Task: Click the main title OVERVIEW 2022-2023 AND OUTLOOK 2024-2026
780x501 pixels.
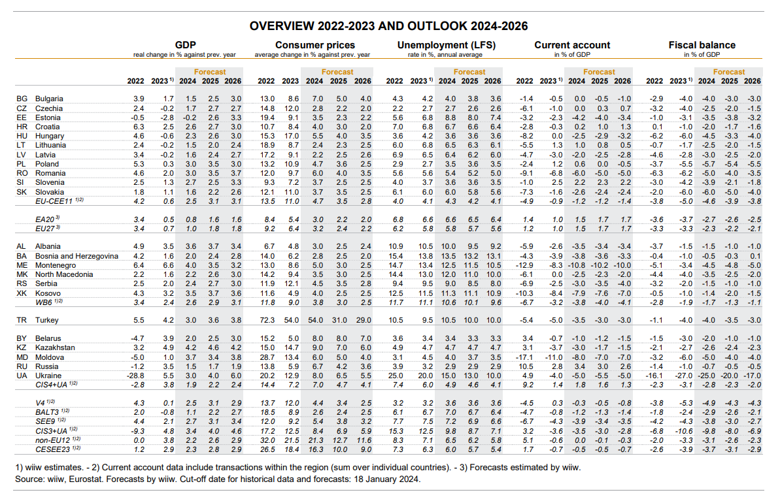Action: click(x=390, y=26)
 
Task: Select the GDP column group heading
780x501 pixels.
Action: click(x=186, y=45)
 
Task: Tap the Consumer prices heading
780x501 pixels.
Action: click(x=315, y=45)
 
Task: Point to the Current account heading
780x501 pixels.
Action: click(x=572, y=45)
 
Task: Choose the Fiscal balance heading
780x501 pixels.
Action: click(x=702, y=45)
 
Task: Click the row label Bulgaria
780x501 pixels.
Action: click(x=50, y=98)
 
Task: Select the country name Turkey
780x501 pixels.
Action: click(x=47, y=321)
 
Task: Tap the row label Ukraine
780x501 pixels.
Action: click(x=48, y=376)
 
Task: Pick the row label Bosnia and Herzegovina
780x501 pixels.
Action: click(x=76, y=256)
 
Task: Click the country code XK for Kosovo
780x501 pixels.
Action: click(x=21, y=294)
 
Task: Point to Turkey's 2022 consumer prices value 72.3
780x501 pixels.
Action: click(x=266, y=321)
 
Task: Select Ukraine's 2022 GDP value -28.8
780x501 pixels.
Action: click(x=136, y=376)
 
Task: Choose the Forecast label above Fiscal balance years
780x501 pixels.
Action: click(x=728, y=72)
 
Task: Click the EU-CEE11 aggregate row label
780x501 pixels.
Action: click(x=59, y=202)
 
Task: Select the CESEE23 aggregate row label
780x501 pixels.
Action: click(x=56, y=449)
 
